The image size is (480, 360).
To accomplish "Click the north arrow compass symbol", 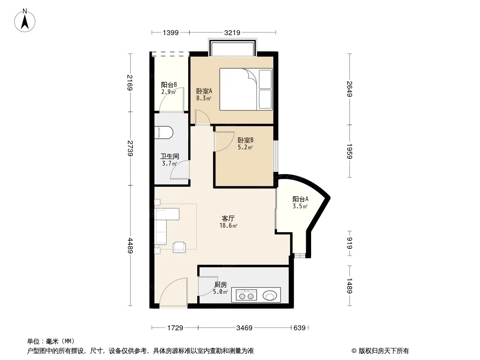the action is pos(25,21).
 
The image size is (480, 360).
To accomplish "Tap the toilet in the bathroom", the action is pos(164,132).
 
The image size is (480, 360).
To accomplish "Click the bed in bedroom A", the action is pos(246,89).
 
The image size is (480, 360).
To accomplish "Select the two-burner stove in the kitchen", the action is pos(246,296).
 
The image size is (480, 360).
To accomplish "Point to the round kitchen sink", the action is pos(269,296).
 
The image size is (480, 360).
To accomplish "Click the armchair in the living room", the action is pos(179,247).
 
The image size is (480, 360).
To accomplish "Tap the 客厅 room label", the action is pos(228,218).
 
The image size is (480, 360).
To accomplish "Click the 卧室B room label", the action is pos(245,140).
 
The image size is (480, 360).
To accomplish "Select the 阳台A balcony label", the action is pos(300,199).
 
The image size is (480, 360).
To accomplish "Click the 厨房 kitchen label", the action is pos(220,285).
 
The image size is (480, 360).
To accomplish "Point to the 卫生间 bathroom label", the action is pos(170,157).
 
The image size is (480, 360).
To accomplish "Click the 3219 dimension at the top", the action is pos(232,32).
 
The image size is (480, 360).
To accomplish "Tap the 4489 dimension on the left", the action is pos(131,246).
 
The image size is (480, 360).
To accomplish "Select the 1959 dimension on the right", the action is pos(349,151).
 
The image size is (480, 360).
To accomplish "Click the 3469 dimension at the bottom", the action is pos(245,328).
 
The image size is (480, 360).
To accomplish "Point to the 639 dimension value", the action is pos(299,328).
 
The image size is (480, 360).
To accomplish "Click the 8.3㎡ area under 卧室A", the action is pos(204,98).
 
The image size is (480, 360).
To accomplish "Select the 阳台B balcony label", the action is pos(169,85).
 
